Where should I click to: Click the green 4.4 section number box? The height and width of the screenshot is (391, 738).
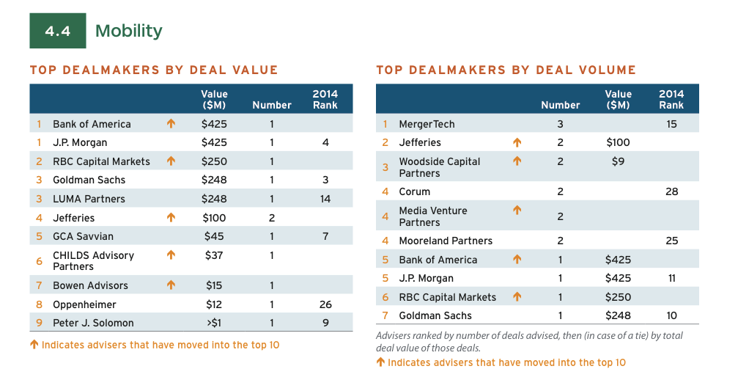58,31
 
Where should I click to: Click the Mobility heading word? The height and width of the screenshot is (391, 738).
129,31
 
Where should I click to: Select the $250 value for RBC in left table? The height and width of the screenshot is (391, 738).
214,161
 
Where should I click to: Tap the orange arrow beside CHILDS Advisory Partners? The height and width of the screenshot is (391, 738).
171,255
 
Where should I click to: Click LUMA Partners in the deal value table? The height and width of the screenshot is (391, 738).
89,199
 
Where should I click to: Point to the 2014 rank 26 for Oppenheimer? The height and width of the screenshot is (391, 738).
325,304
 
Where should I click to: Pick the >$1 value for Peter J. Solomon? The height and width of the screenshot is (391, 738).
214,324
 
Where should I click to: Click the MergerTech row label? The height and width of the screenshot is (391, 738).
427,124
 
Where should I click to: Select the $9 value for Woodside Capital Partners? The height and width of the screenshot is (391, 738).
618,161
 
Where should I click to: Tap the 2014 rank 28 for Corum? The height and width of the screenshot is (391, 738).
671,191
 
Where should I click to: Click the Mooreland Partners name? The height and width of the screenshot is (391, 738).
446,241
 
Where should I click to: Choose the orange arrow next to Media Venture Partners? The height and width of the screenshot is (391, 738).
517,211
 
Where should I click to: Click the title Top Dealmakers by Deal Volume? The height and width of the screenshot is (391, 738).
506,70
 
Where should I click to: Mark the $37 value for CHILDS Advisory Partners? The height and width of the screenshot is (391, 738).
214,255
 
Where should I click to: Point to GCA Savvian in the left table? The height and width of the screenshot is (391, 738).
83,236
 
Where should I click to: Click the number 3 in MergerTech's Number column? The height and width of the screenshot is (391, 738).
561,124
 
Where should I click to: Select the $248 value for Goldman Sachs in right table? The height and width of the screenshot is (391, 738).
618,315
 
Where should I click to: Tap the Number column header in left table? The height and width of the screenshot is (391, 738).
272,105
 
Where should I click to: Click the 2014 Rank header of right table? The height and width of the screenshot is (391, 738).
671,99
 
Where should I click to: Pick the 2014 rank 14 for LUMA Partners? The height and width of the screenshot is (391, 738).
325,199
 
